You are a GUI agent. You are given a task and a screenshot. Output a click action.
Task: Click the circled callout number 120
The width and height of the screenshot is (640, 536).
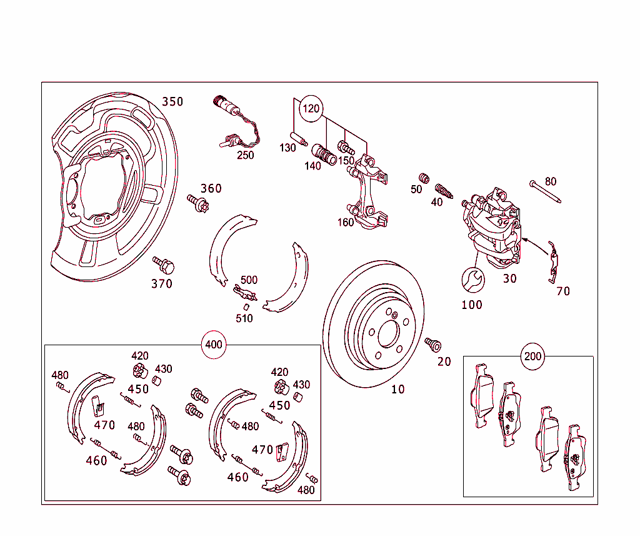311,109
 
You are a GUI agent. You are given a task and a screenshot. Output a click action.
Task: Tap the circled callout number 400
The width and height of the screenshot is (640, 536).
214,345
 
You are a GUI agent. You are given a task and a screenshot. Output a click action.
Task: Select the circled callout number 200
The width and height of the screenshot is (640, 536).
533,356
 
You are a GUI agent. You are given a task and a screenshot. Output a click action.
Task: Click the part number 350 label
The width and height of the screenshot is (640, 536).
172,102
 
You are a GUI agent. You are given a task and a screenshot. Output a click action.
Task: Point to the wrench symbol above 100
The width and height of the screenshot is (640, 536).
472,280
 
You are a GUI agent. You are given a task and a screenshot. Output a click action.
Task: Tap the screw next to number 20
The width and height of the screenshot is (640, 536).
432,344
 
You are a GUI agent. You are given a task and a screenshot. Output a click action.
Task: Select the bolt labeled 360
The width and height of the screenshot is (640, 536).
197,203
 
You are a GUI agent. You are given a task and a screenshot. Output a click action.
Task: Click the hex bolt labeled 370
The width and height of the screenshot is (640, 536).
164,265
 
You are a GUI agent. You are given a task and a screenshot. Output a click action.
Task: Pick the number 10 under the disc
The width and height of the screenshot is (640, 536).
398,389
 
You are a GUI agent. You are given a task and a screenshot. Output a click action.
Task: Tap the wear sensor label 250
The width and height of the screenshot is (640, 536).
245,155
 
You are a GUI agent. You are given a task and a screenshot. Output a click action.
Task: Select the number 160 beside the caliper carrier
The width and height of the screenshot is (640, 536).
346,222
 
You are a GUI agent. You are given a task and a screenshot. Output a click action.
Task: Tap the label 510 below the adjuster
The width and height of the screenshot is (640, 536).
244,318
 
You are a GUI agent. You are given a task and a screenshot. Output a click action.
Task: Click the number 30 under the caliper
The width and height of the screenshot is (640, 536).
510,279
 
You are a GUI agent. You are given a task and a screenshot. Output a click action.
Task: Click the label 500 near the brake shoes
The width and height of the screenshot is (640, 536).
249,280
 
